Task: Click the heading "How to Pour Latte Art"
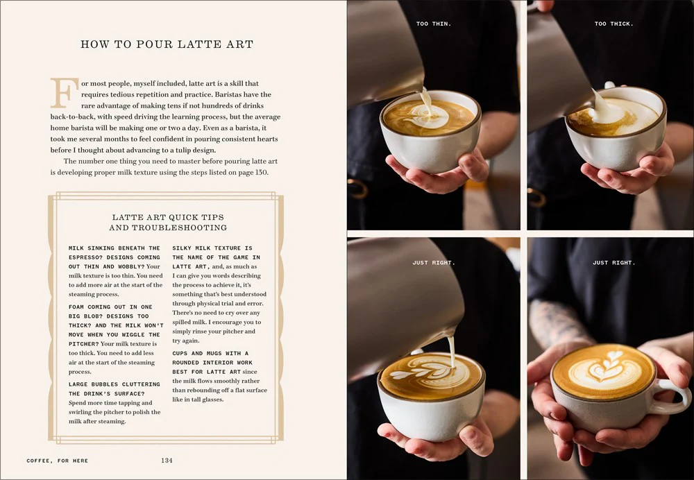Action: [x=167, y=44]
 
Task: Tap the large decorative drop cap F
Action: [x=64, y=93]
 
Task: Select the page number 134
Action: [x=167, y=461]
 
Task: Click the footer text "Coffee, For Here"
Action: [x=58, y=461]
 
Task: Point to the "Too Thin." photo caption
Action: [x=433, y=24]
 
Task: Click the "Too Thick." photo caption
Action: [x=614, y=24]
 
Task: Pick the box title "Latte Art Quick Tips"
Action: [x=168, y=217]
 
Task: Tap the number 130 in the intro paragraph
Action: [x=261, y=173]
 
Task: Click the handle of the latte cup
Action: [x=672, y=396]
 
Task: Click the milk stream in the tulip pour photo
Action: [x=452, y=350]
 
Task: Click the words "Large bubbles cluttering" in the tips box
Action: [x=115, y=384]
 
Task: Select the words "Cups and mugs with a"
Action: [x=210, y=354]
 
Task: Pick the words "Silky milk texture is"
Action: [x=212, y=248]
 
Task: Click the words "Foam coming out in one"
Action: [x=110, y=307]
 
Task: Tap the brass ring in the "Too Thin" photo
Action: [x=357, y=189]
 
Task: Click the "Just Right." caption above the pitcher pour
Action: [x=433, y=263]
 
